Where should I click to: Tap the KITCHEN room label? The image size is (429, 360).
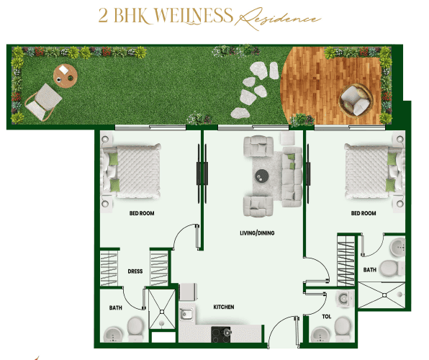tap(224, 307)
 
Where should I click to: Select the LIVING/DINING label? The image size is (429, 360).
tap(257, 233)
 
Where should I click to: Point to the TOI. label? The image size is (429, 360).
tap(326, 316)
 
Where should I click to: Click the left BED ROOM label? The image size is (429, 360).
tap(142, 214)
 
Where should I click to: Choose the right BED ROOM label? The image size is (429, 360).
tap(363, 214)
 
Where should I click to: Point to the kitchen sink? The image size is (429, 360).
tap(186, 314)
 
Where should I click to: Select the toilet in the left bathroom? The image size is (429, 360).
tap(135, 328)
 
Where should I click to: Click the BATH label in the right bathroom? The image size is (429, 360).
tap(370, 270)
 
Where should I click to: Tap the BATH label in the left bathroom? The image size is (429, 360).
tap(115, 308)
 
